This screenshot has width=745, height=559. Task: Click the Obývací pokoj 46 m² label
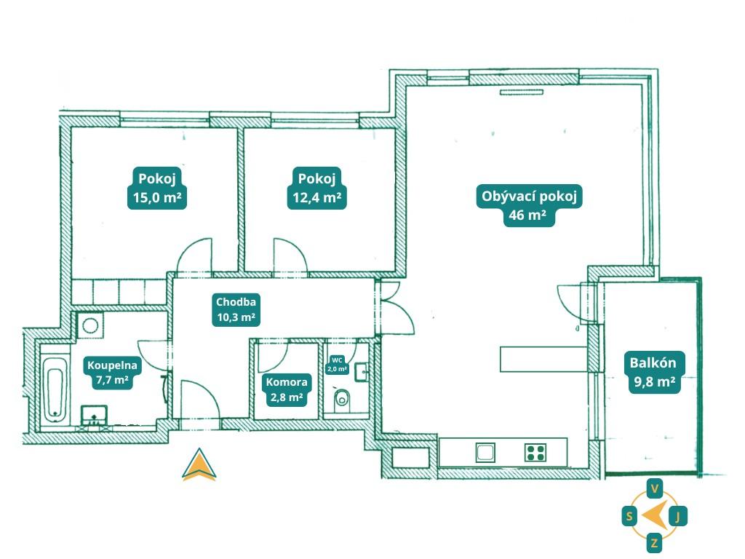529,205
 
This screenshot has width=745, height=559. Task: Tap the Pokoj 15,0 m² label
157,188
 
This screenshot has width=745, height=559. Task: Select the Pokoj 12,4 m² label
317,188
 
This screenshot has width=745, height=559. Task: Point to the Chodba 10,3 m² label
236,309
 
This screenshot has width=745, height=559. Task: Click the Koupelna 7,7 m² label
112,373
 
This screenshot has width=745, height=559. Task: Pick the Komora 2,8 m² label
287,389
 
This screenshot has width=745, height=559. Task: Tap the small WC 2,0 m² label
337,365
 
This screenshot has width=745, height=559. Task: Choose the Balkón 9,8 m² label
653,372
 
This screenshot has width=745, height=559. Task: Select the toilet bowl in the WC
342,400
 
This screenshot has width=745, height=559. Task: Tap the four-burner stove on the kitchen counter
535,453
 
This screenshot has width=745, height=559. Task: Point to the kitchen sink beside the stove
485,453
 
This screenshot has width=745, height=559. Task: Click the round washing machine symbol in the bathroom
89,325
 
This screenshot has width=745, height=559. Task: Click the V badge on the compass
655,488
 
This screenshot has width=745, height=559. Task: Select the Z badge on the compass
654,542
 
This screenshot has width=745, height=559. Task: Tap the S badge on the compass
629,516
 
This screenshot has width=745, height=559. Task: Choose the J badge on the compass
678,516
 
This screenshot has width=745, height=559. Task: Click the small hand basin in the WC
361,372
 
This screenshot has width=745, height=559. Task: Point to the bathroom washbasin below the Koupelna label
94,414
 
